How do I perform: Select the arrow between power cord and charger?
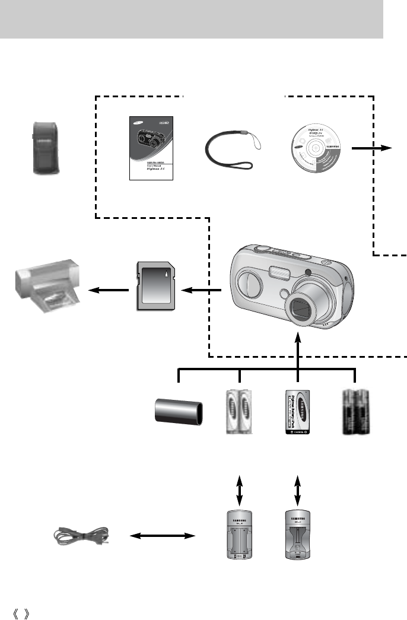click(x=162, y=536)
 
